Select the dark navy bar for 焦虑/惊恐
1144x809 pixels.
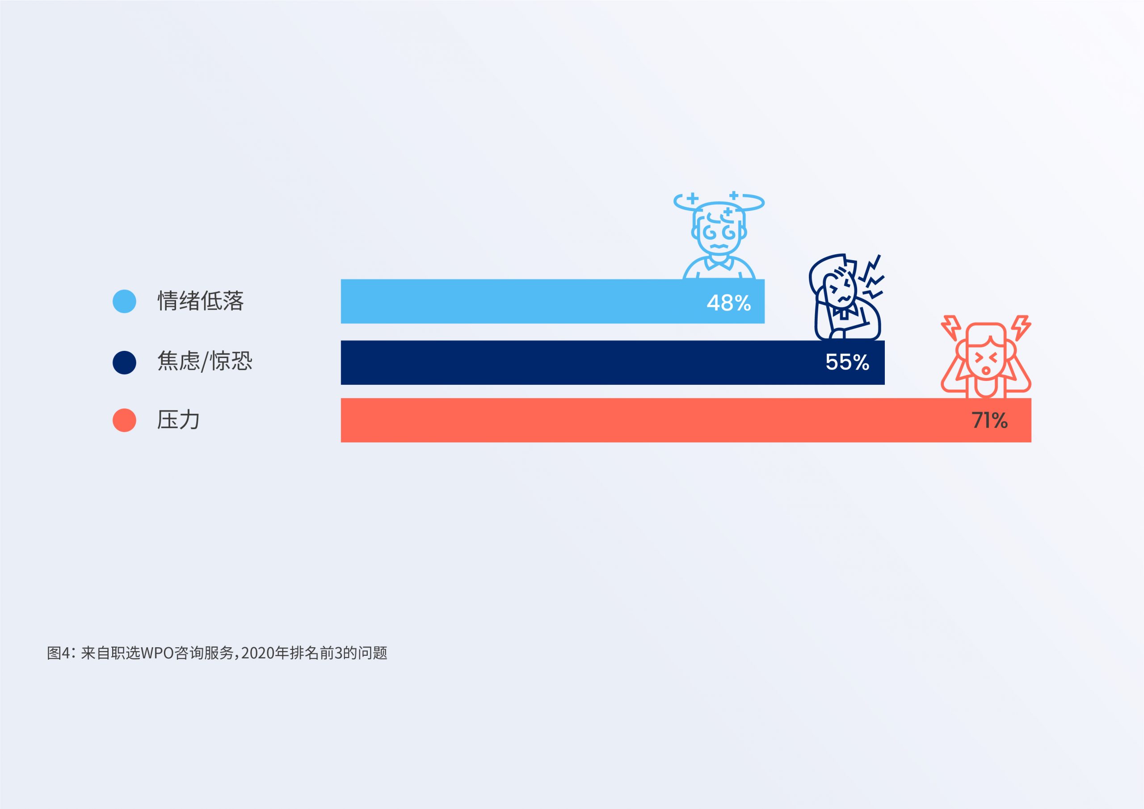pos(612,362)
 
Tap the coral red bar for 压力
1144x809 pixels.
pos(686,420)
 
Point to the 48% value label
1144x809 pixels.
pos(728,303)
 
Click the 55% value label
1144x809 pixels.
pos(847,362)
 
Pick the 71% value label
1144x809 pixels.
pos(989,421)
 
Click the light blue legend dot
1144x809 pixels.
pos(125,301)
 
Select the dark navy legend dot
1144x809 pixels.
pos(125,362)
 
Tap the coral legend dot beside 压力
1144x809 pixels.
pos(125,420)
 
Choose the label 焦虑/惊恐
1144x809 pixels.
pos(205,361)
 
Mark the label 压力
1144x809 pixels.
pos(178,420)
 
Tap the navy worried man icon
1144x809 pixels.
pos(845,298)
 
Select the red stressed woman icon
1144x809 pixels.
pos(986,356)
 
